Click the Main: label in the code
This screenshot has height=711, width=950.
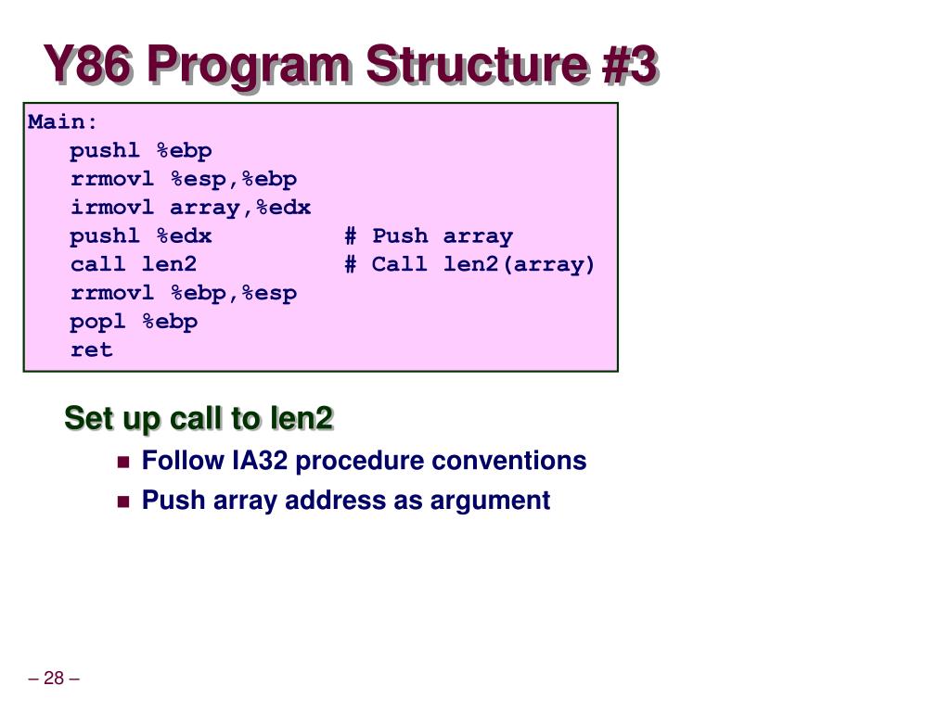pos(62,122)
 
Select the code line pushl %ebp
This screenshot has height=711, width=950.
pos(141,151)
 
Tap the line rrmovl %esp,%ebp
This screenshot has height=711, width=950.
pos(184,179)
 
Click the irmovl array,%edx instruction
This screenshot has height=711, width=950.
pos(190,208)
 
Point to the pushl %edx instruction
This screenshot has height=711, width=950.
pos(141,236)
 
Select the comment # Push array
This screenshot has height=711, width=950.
pos(429,236)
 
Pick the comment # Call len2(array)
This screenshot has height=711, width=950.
pos(469,264)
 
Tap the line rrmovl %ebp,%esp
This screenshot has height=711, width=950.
pos(184,294)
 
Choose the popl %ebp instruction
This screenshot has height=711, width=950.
pos(134,322)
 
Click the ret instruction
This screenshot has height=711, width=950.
pos(91,350)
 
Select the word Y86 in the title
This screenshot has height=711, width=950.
pos(88,67)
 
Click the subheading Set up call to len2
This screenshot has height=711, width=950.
pos(199,419)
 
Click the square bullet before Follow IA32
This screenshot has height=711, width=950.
pos(123,462)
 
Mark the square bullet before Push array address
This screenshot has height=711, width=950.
pos(123,502)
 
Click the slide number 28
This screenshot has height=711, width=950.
pos(54,679)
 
